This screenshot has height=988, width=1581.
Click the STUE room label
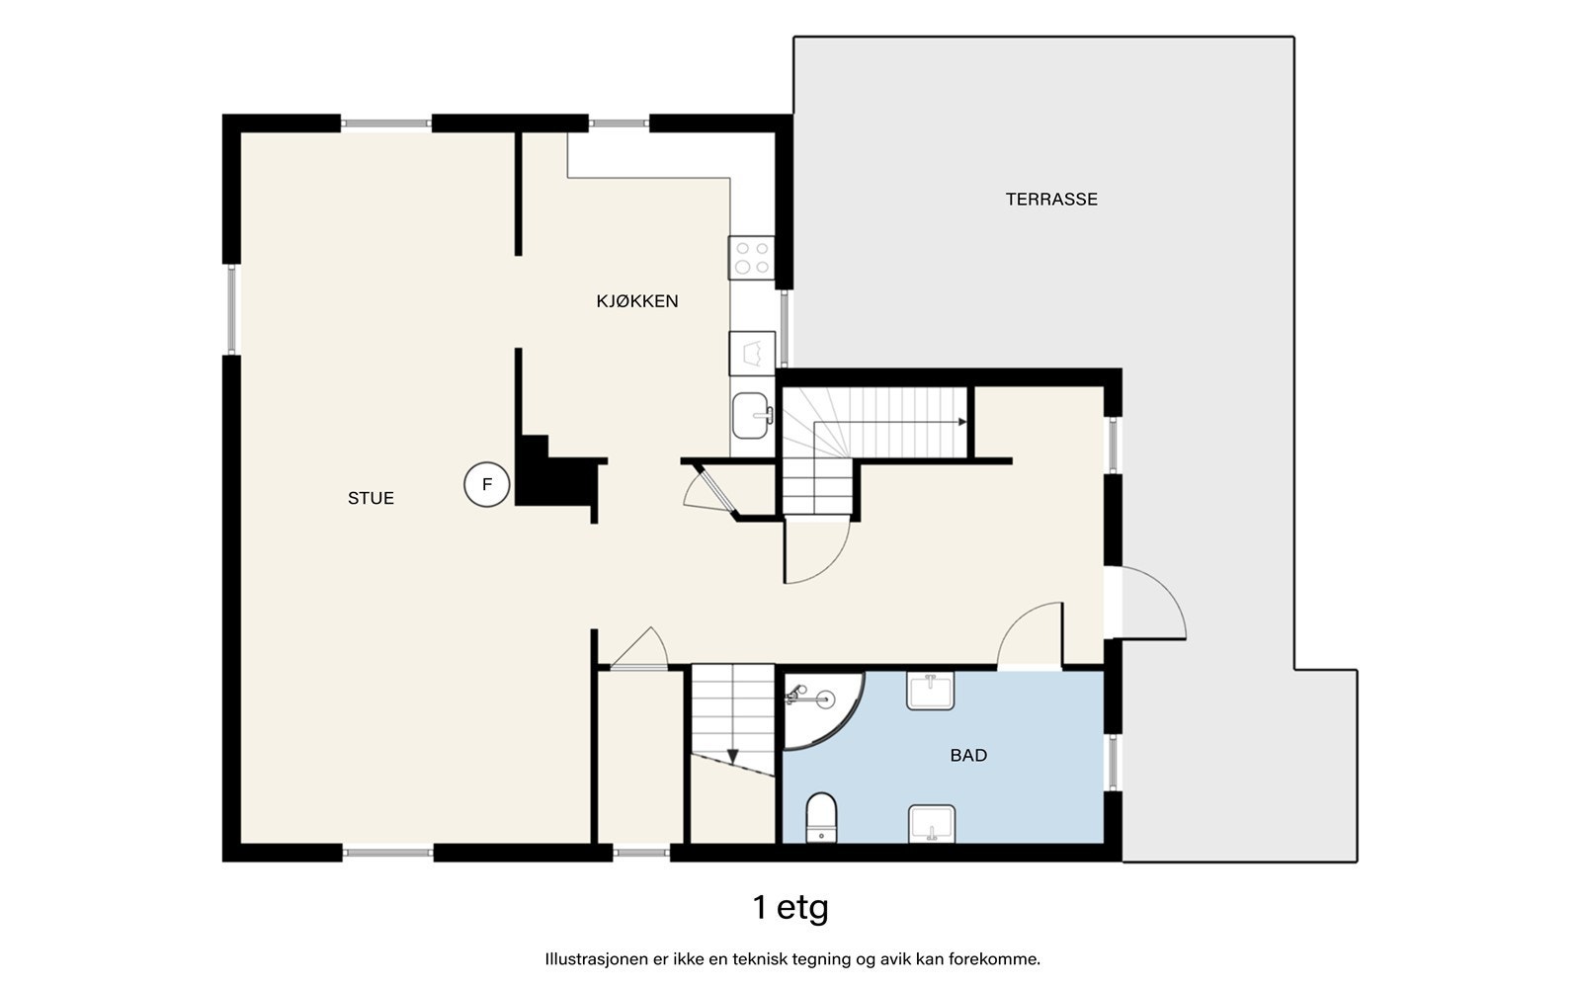(371, 498)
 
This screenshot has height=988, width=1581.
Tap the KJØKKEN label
(637, 301)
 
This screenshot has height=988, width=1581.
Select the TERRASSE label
(1051, 200)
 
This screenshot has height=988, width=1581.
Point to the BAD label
(968, 756)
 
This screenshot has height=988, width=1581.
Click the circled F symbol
(487, 484)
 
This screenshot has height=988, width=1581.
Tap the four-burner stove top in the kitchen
(752, 258)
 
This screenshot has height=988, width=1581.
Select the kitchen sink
(752, 416)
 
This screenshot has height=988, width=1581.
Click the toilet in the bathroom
(821, 818)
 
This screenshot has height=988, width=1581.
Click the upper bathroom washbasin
(930, 691)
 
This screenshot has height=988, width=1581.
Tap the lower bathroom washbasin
(932, 824)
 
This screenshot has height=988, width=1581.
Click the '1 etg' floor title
(790, 908)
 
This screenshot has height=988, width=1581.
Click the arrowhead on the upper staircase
(962, 422)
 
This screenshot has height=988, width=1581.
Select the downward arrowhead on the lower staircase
(732, 757)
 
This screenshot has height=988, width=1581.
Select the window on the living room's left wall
(231, 309)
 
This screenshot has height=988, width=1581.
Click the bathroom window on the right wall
(1113, 762)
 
